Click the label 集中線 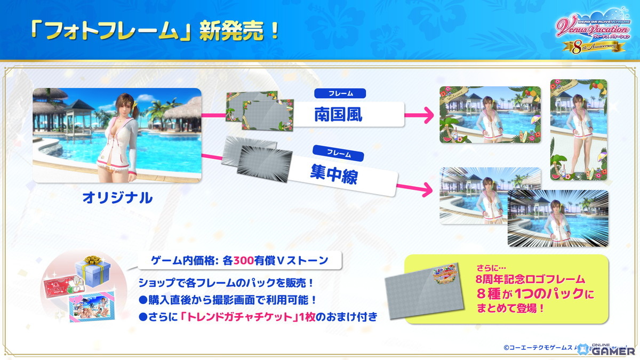click(334, 174)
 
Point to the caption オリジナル click(117, 198)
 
